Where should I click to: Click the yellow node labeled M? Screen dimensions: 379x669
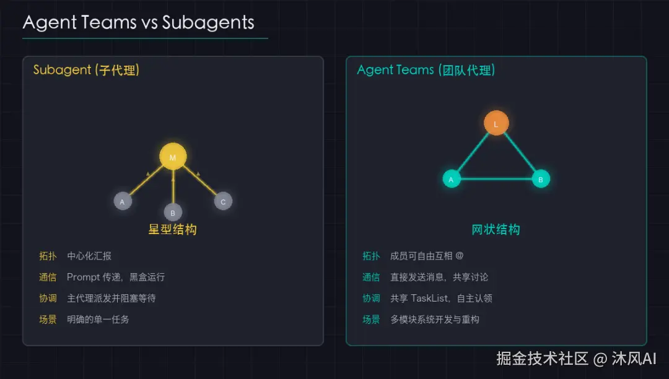(x=173, y=157)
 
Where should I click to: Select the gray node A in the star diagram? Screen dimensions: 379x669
(x=123, y=201)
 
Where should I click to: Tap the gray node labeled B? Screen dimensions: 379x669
(x=173, y=212)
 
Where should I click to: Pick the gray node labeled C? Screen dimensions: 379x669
(x=223, y=201)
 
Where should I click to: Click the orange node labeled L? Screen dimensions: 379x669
(x=496, y=123)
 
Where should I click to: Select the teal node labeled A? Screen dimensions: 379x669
(x=452, y=180)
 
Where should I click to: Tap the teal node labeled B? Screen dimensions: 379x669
(x=541, y=180)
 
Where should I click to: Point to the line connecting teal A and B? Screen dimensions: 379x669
(x=496, y=180)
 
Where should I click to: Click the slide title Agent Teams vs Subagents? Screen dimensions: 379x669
(x=138, y=23)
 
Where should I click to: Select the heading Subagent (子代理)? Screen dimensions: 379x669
(x=86, y=70)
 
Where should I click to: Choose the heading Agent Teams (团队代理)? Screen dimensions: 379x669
(x=426, y=70)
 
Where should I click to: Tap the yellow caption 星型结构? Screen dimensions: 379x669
(x=173, y=230)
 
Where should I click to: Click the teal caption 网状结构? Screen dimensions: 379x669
(x=496, y=230)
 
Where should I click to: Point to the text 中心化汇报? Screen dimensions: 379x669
(x=89, y=256)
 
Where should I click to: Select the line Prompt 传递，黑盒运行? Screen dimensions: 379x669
(x=116, y=277)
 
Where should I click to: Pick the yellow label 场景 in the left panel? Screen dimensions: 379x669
(x=48, y=320)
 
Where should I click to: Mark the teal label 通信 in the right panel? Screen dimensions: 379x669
(x=371, y=277)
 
